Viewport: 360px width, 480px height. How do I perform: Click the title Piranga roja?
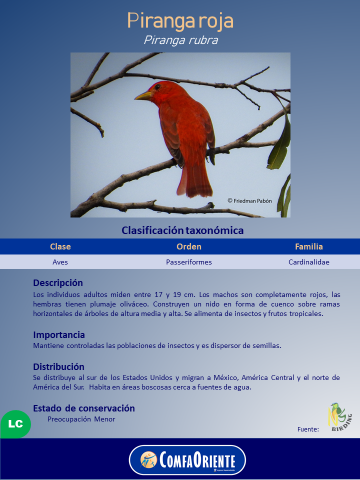[x=180, y=21]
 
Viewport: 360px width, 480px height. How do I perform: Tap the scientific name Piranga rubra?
[x=180, y=40]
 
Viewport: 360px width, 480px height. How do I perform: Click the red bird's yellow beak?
[x=143, y=95]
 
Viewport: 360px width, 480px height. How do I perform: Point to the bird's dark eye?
[x=157, y=86]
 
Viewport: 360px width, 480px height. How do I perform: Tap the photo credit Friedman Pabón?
[x=249, y=200]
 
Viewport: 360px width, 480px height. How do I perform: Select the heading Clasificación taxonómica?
[x=182, y=230]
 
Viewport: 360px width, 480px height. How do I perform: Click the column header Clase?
[x=60, y=246]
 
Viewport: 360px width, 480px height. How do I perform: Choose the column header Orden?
[x=189, y=246]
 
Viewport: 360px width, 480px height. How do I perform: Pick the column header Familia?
[x=309, y=246]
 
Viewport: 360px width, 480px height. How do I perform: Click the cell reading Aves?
[x=60, y=262]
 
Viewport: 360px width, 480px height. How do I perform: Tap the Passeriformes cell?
[x=189, y=262]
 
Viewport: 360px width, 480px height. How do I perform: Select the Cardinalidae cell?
[x=309, y=262]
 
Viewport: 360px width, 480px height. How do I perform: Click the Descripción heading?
[x=58, y=283]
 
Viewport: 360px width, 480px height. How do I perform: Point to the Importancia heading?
[x=59, y=334]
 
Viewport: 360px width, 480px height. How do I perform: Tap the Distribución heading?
[x=58, y=366]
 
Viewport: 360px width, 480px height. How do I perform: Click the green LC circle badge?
[x=15, y=424]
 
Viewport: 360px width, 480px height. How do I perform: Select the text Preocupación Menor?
[x=81, y=419]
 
